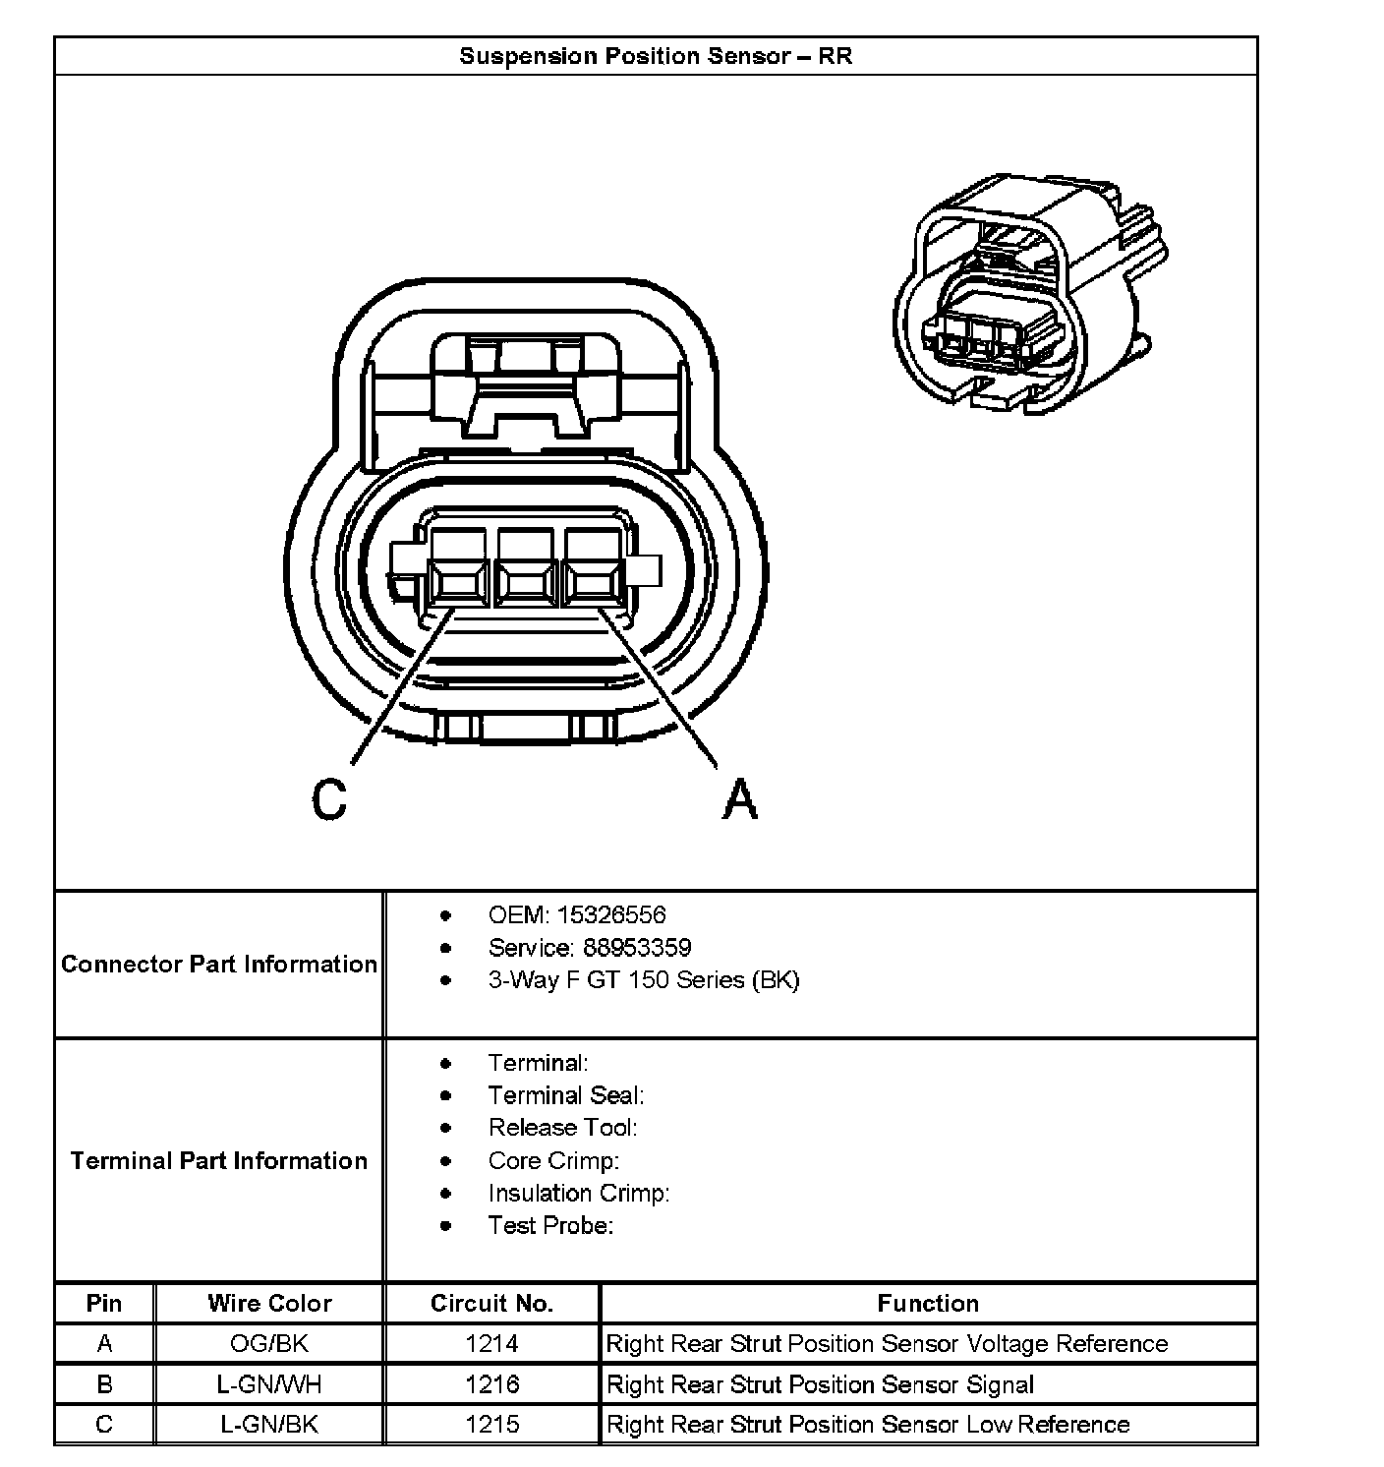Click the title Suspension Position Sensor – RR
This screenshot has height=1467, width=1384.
point(656,56)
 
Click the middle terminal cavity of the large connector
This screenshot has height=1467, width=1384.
point(525,583)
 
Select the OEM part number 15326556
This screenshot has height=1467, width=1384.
point(610,915)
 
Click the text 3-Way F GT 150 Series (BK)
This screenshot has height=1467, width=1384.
point(644,980)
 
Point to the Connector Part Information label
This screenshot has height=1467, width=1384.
point(219,964)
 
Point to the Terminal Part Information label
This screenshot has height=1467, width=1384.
point(219,1160)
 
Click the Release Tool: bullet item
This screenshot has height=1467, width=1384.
point(562,1128)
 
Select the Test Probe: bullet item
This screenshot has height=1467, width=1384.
point(550,1225)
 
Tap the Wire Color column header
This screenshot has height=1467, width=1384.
point(269,1304)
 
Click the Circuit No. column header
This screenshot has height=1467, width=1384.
point(491,1304)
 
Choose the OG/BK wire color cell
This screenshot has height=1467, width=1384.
point(269,1344)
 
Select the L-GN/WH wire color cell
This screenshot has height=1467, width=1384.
point(269,1384)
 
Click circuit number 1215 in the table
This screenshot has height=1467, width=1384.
point(491,1425)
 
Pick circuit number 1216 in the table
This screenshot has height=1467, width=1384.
point(491,1384)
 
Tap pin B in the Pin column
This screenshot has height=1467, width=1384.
point(104,1384)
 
